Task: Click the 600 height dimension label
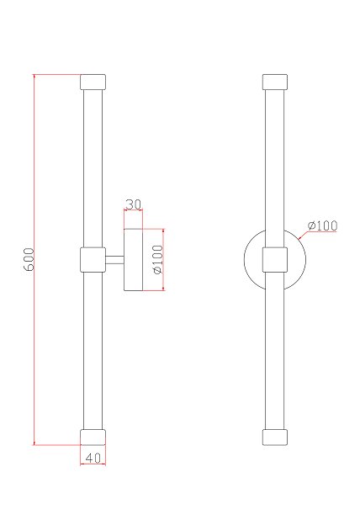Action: (29, 259)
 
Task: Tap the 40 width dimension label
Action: (93, 458)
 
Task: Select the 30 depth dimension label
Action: (133, 204)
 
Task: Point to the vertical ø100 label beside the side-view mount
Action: (158, 259)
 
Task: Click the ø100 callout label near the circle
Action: (322, 225)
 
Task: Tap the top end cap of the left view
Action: (93, 82)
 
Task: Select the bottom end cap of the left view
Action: (93, 437)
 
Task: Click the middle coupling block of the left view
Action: (93, 260)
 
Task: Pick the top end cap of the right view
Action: (275, 82)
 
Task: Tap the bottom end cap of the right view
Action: (275, 437)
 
